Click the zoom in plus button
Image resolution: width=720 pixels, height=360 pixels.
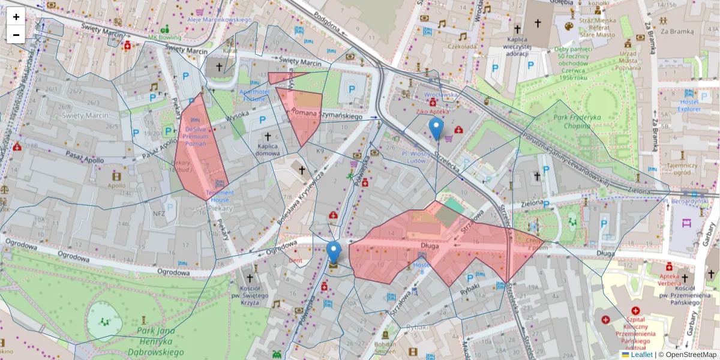click(x=16, y=17)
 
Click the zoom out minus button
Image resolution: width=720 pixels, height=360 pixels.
click(x=16, y=35)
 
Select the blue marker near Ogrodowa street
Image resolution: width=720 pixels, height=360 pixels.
click(x=334, y=253)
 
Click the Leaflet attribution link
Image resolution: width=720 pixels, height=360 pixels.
click(x=641, y=355)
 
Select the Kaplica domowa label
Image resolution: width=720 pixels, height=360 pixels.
click(x=267, y=149)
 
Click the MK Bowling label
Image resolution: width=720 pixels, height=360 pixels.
click(x=165, y=38)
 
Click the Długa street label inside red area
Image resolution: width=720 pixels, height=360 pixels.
click(x=431, y=245)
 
